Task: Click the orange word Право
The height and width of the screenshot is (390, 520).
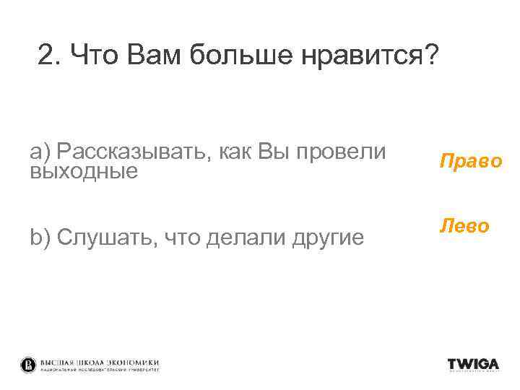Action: coord(470,161)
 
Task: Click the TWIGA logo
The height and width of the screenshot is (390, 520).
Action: coord(472,364)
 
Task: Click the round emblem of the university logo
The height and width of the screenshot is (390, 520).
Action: coord(28,365)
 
